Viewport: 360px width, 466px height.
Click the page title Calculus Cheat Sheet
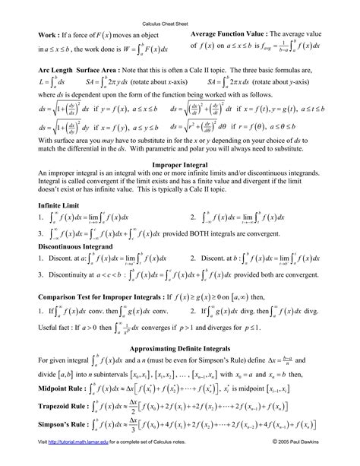(179, 24)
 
